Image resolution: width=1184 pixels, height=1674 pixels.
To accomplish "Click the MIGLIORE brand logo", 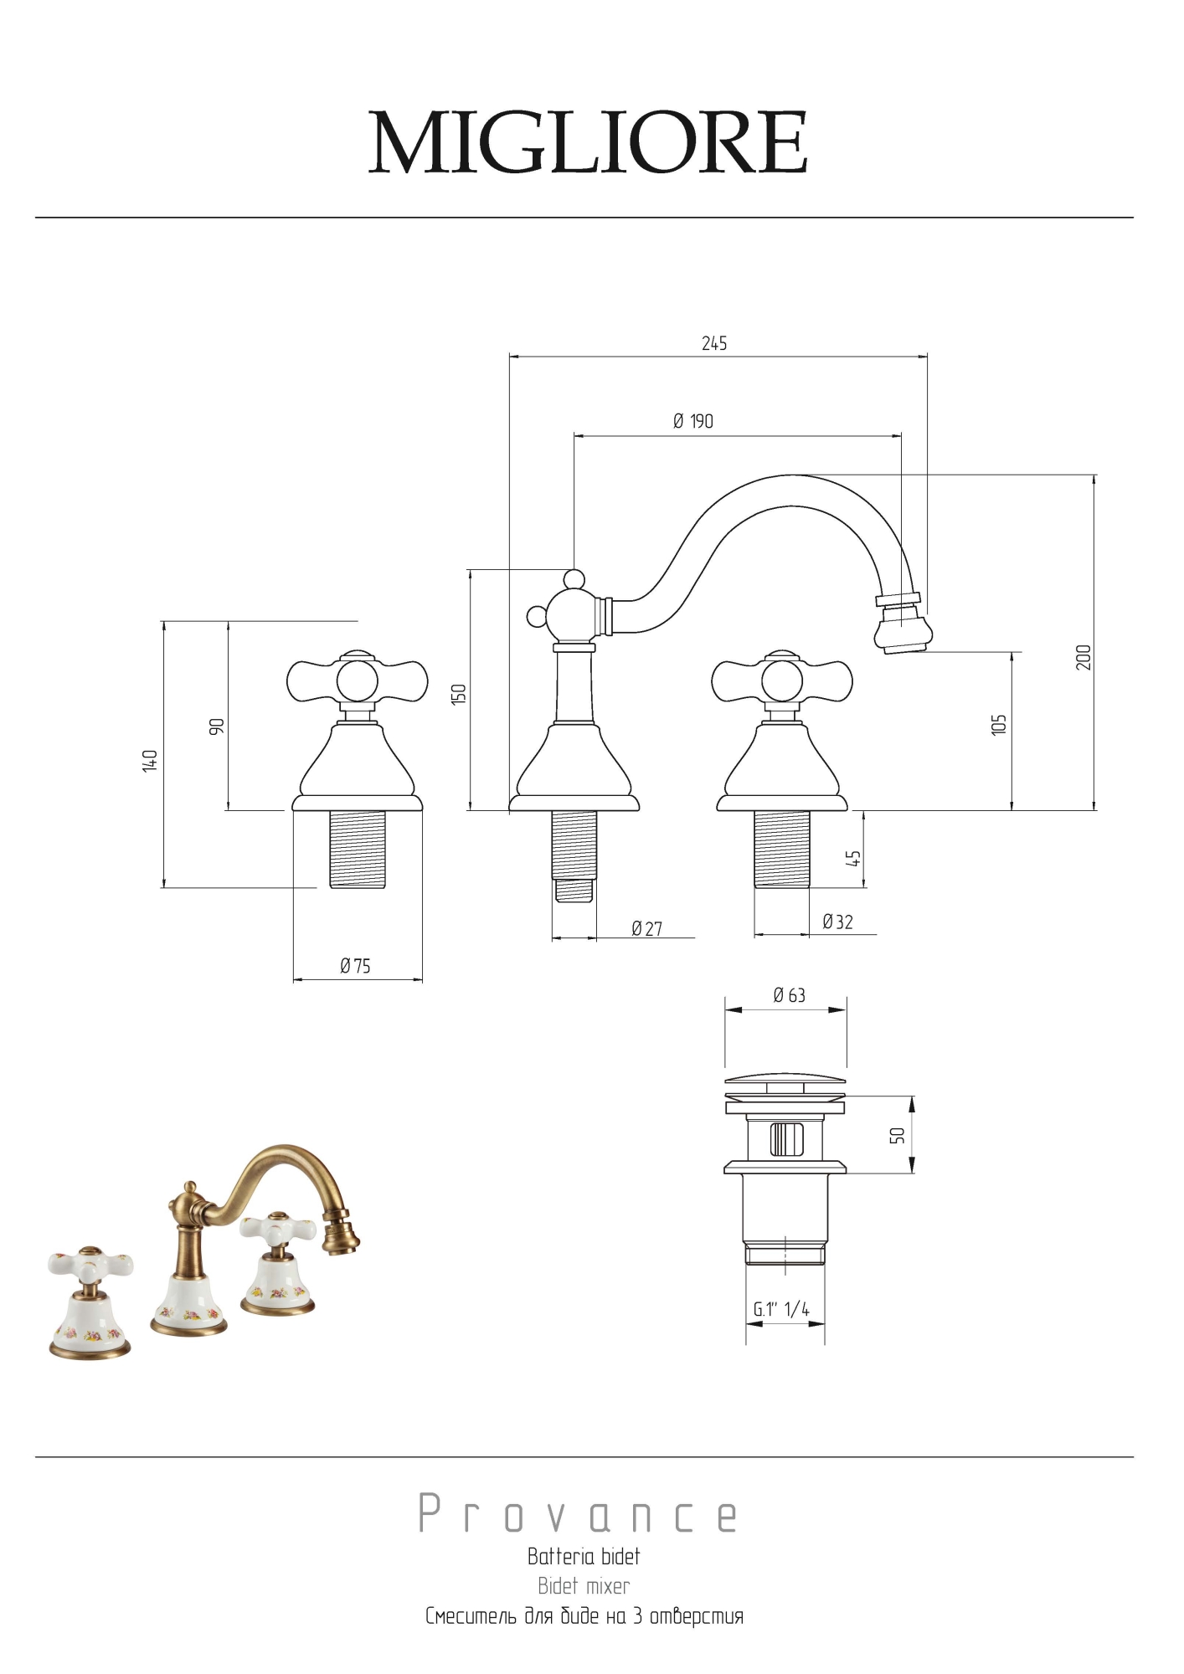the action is point(588,142).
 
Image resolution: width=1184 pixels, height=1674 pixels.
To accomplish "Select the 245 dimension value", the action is point(714,343).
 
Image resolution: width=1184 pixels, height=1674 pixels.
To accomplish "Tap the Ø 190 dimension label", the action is point(693,421).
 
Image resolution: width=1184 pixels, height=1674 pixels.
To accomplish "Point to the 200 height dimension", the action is point(1084,657).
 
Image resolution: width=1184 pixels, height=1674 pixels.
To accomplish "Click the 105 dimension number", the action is point(998,725).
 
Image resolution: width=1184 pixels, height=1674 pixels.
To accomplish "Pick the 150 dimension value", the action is point(458,694).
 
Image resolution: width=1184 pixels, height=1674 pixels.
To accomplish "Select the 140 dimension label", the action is point(150,760).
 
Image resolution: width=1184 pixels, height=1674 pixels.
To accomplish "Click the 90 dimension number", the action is point(217,726).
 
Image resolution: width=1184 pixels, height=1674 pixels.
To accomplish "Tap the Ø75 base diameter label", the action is point(355,966).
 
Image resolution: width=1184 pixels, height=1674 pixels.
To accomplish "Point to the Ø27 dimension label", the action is point(646,928).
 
